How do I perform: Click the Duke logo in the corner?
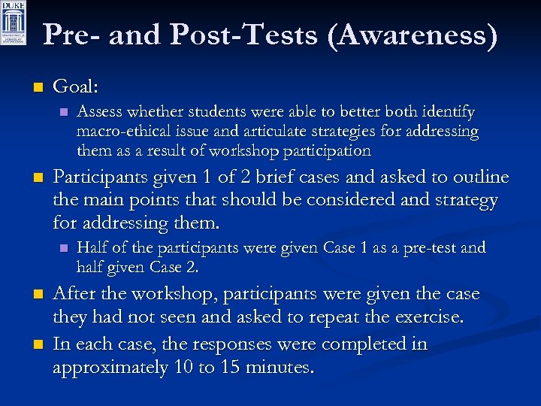pyautogui.click(x=14, y=23)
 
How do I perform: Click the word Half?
pyautogui.click(x=92, y=247)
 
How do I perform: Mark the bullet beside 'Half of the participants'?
pyautogui.click(x=64, y=248)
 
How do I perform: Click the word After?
pyautogui.click(x=77, y=294)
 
